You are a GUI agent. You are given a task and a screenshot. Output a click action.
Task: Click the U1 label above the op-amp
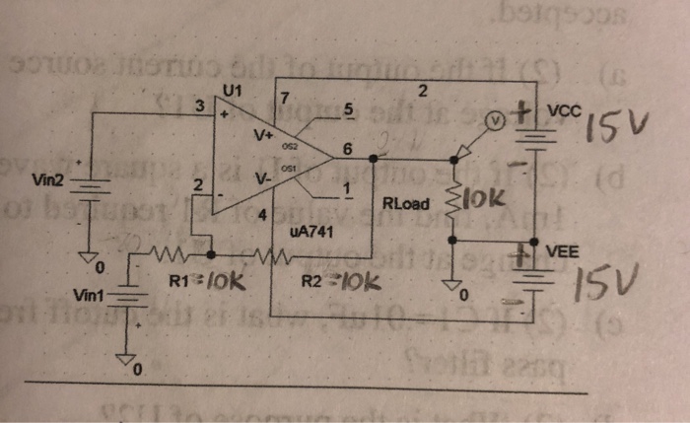[x=233, y=91]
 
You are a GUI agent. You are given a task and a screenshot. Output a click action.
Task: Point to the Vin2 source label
[x=47, y=180]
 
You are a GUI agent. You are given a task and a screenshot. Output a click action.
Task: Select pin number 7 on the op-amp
[x=285, y=99]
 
